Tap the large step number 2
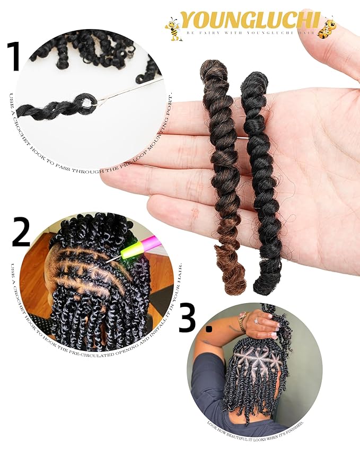[21, 234]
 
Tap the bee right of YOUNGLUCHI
[327, 27]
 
